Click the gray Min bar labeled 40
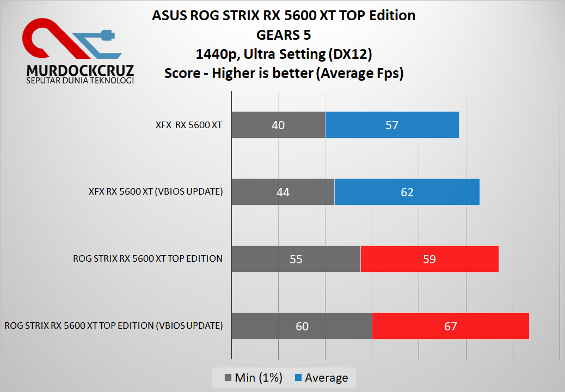(278, 125)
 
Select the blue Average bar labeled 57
(392, 125)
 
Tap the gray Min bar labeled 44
(282, 192)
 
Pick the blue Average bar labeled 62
(407, 192)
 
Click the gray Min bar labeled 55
(296, 259)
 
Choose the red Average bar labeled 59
(429, 259)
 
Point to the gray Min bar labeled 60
(302, 326)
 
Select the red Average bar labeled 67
(450, 326)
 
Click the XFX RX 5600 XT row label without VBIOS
(188, 125)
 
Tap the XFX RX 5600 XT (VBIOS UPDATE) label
(156, 192)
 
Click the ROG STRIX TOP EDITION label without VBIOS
(148, 259)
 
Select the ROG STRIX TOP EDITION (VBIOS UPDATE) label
(114, 326)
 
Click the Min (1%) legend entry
(253, 378)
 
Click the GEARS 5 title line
(284, 35)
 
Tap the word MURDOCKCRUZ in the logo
(80, 71)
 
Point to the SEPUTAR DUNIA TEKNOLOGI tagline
(80, 81)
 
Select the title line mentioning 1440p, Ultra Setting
(284, 54)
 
